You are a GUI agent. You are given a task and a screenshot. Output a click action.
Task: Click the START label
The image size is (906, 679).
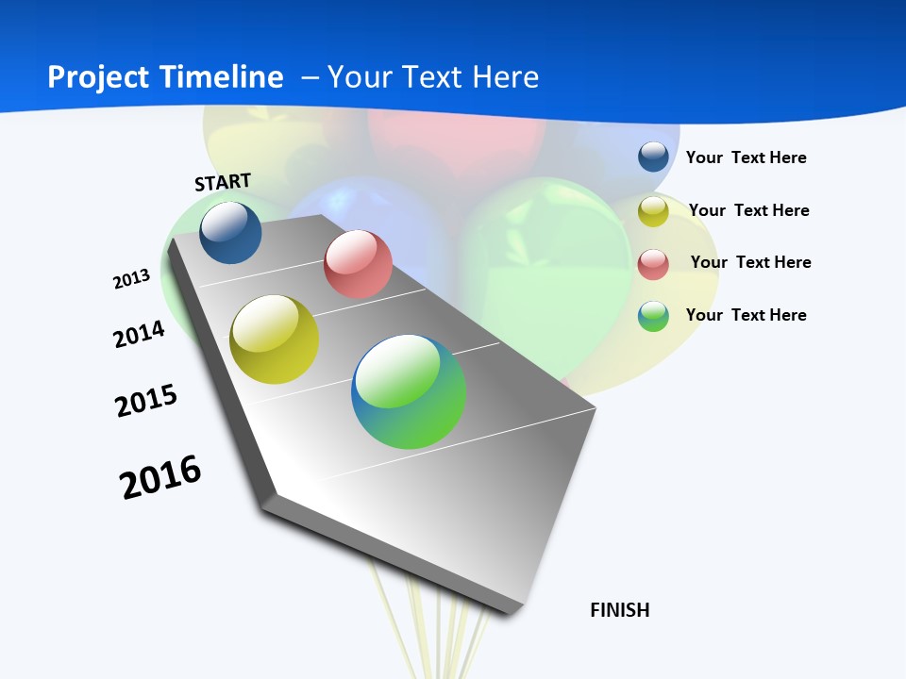click(x=223, y=182)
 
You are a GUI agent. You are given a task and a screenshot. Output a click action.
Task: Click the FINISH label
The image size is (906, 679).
click(x=620, y=610)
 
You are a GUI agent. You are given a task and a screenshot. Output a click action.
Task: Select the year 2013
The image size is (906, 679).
click(x=131, y=279)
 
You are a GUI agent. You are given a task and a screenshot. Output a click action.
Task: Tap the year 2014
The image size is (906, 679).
click(x=139, y=334)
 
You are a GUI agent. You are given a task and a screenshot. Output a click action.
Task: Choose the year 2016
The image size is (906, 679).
click(x=160, y=477)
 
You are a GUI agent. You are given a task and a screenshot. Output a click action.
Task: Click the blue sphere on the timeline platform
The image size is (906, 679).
click(x=230, y=233)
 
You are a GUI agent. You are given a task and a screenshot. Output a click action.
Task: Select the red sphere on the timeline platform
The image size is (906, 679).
click(x=358, y=264)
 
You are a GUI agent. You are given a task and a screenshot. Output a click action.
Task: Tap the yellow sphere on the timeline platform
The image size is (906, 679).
click(x=275, y=339)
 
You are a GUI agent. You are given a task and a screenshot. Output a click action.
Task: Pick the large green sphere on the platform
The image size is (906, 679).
click(x=409, y=391)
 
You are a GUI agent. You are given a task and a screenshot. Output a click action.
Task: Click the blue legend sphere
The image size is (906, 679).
click(x=653, y=157)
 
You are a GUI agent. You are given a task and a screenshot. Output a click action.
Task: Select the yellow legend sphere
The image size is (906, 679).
click(x=653, y=211)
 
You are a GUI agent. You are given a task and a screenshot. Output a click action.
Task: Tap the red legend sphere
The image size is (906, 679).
click(x=653, y=264)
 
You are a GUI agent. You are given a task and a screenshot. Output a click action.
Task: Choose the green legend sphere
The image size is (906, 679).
click(x=653, y=316)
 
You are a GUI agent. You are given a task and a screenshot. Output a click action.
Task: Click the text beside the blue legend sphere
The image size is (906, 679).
click(x=746, y=157)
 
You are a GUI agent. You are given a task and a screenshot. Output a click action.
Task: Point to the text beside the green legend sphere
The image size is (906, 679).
click(x=746, y=315)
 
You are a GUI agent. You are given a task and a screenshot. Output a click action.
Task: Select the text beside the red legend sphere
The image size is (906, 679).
click(x=750, y=262)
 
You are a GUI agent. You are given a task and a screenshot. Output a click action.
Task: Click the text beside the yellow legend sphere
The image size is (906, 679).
click(x=748, y=210)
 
